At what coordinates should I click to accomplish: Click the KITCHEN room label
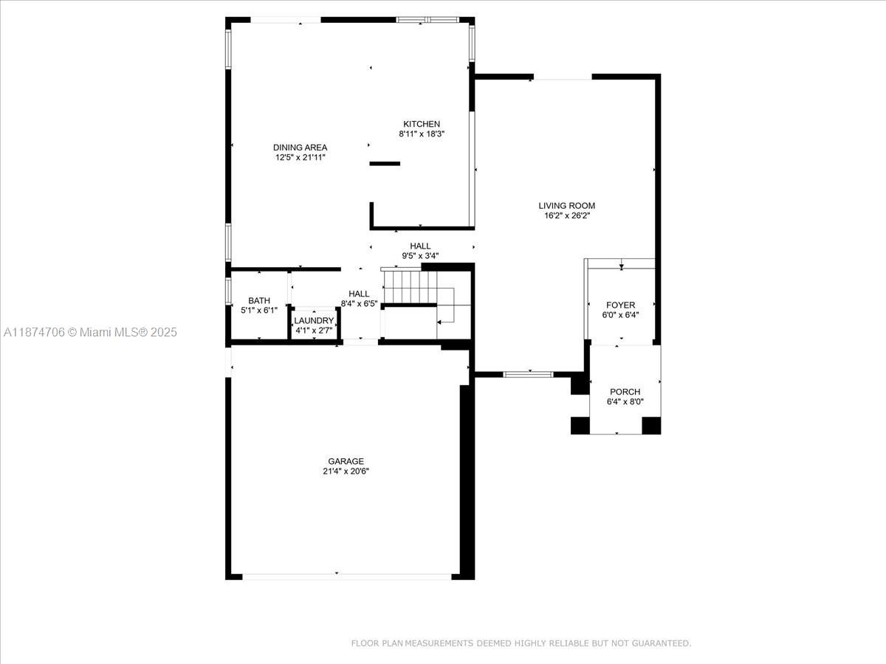point(422,124)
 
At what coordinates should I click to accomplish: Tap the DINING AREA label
point(300,148)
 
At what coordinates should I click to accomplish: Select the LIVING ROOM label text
point(567,206)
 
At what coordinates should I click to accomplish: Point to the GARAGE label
point(346,461)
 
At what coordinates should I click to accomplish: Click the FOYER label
point(621,305)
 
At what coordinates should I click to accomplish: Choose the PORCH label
point(625,392)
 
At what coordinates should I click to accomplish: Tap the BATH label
point(259,301)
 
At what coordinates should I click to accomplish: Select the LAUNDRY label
point(314,320)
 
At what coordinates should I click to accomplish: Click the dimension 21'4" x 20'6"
point(346,471)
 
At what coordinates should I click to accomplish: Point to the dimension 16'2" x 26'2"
point(567,215)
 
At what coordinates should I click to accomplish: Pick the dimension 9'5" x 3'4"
point(420,255)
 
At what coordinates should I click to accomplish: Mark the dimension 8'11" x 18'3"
point(422,134)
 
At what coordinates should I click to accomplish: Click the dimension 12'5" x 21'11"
point(301,157)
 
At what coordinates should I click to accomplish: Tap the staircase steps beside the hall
point(410,287)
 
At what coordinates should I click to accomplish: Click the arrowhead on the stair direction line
point(439,322)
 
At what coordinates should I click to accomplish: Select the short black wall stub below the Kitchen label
point(385,164)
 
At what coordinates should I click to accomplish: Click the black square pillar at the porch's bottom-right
point(651,426)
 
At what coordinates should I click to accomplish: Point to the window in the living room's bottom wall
point(528,375)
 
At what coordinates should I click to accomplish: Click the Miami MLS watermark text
point(90,332)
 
